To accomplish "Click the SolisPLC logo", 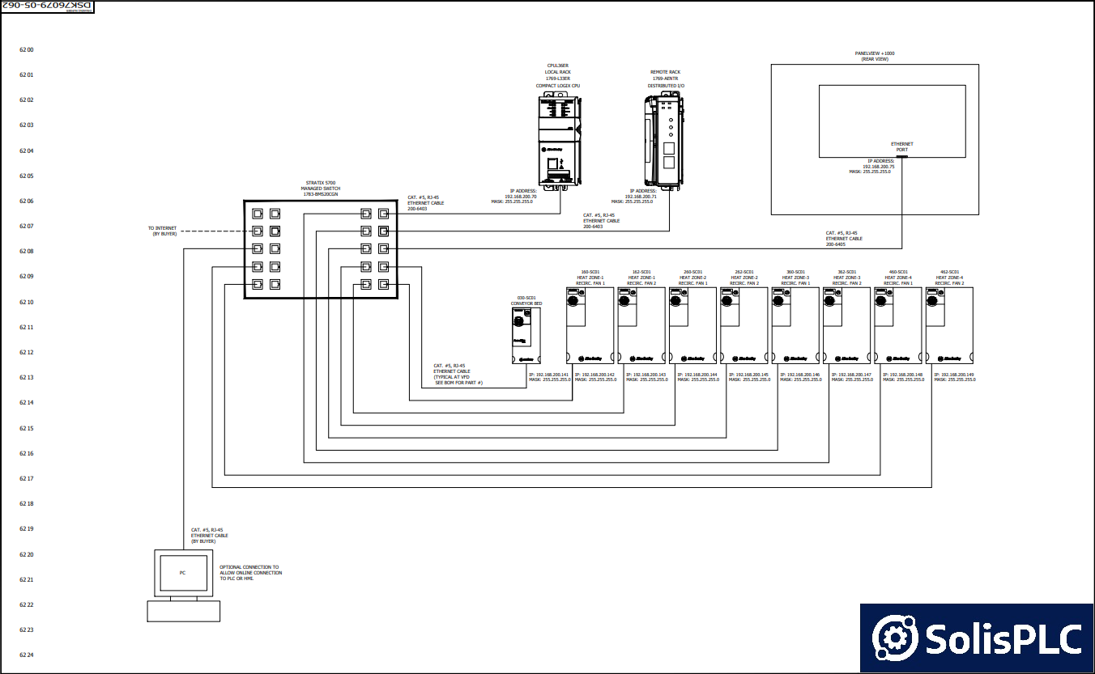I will [x=977, y=638].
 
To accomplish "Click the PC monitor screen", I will [x=182, y=573].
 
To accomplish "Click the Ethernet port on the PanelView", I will [x=901, y=157].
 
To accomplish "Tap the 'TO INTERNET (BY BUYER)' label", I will [x=162, y=231].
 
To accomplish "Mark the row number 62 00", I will [x=27, y=50].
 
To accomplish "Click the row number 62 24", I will [x=27, y=655].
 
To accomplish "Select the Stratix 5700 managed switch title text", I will [x=321, y=189].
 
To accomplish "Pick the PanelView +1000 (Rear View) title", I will [x=875, y=56].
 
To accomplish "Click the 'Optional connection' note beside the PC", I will [x=250, y=573].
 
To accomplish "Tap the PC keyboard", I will [x=183, y=611].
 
